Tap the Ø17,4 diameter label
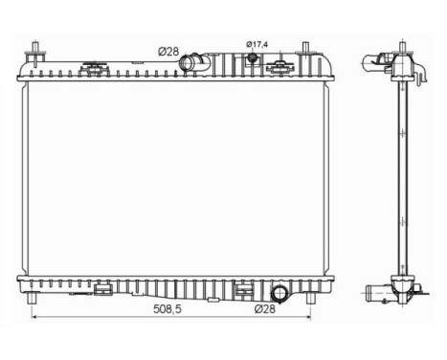pos(259,44)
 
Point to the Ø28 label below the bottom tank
pos(267,310)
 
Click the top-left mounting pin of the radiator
pos(35,50)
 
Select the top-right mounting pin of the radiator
pos(305,50)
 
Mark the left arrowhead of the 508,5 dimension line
pos(36,317)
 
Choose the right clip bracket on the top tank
pos(279,67)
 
